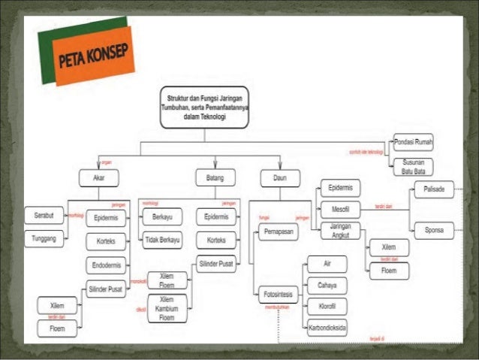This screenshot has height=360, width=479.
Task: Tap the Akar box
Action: tap(98, 178)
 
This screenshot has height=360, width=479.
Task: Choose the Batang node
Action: tap(215, 178)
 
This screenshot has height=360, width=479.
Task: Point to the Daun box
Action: tap(280, 178)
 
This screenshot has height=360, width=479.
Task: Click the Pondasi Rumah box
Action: tap(414, 142)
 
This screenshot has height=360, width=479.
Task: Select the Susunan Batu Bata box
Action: tap(414, 166)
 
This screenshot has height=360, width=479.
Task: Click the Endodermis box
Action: tap(106, 265)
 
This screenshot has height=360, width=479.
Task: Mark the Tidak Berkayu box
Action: tap(162, 241)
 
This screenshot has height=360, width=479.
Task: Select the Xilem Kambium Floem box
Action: tap(167, 307)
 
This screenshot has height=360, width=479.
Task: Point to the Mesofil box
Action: tap(340, 209)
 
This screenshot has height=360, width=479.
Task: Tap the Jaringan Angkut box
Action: tap(340, 230)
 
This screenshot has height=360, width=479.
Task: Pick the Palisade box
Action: tap(433, 189)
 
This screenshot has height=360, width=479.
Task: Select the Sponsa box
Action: tap(433, 228)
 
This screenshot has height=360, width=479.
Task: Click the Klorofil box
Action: tap(327, 307)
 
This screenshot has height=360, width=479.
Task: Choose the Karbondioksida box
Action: tap(327, 328)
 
